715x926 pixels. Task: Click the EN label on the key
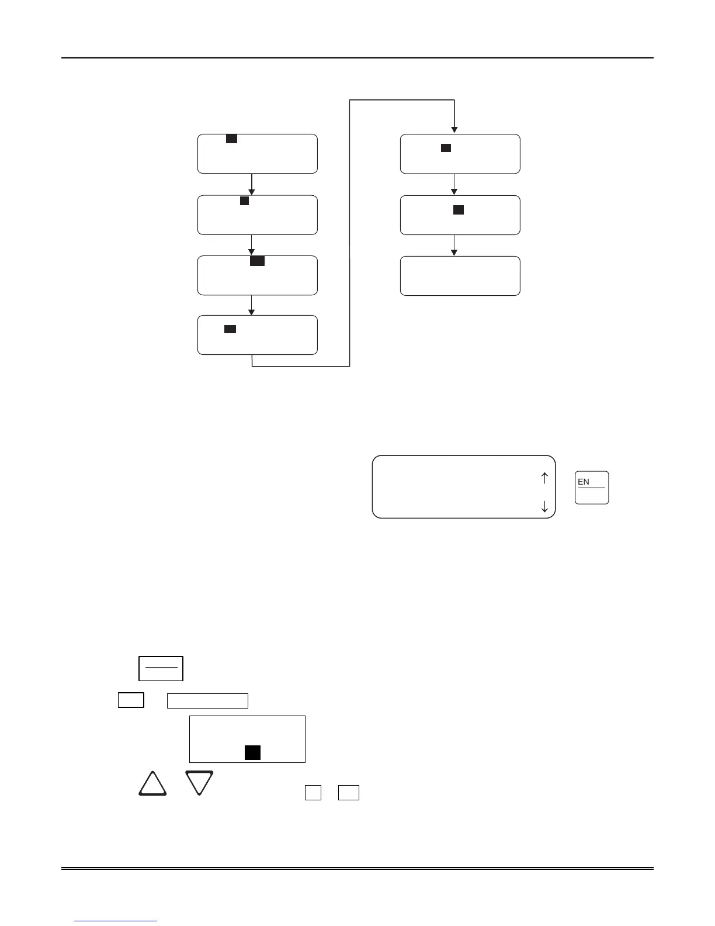584,482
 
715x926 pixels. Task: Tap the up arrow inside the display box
544,478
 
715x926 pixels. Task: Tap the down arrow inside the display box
544,506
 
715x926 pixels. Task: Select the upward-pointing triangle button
152,785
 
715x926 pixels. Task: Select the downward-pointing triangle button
199,782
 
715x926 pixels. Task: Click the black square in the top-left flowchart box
231,139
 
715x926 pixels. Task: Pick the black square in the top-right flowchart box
446,148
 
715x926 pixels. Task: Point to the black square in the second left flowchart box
245,201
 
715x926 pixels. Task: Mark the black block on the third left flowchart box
257,261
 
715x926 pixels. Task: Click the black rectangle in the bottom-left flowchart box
230,329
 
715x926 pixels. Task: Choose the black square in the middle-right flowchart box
459,210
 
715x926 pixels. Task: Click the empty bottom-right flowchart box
460,276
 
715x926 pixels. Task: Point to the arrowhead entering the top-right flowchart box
454,130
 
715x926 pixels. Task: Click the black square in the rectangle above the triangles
252,752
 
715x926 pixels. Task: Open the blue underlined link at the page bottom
116,921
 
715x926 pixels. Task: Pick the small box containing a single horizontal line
161,668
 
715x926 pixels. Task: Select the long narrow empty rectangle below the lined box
207,700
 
